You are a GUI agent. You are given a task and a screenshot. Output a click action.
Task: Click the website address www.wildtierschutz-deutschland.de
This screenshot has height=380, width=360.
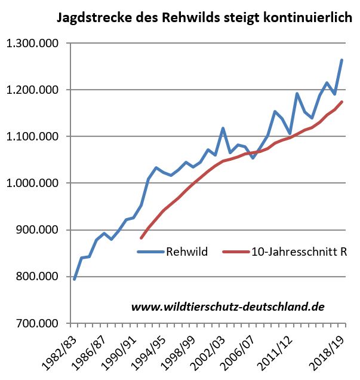(227, 307)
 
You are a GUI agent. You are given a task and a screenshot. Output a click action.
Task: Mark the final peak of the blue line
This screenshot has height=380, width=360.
(341, 60)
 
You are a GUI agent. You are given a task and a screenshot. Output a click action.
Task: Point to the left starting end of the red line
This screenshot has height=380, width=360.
(141, 238)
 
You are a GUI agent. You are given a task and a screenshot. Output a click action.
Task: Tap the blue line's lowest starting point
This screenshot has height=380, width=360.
(75, 279)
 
